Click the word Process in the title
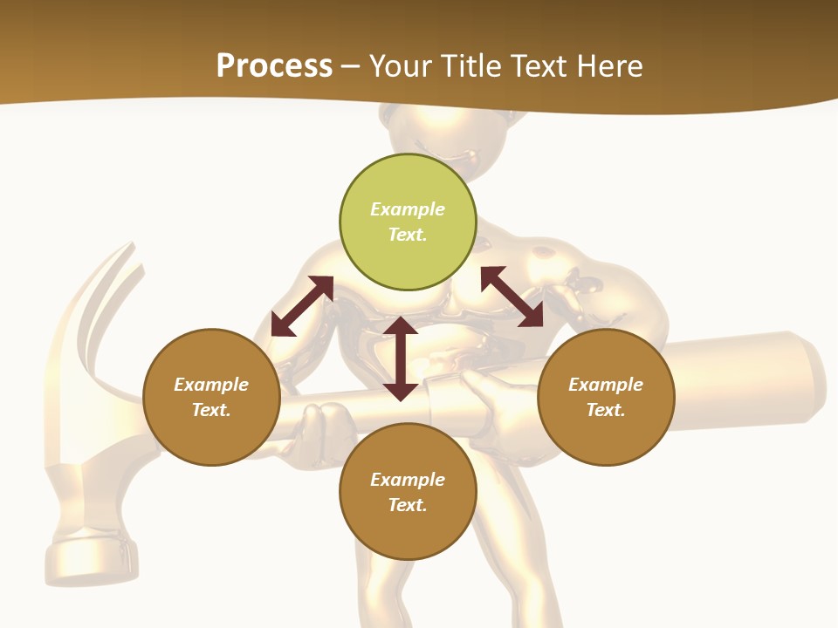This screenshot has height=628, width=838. point(274,66)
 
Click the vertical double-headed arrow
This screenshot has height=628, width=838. point(401,358)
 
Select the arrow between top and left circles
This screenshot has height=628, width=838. point(302,306)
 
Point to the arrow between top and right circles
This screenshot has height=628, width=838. point(512,297)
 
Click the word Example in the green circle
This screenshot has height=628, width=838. point(408,209)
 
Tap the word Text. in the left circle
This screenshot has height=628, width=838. point(211,410)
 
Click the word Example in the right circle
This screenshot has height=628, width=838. point(606,385)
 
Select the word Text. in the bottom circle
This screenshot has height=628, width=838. point(408,505)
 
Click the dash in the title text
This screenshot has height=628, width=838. point(351,67)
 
